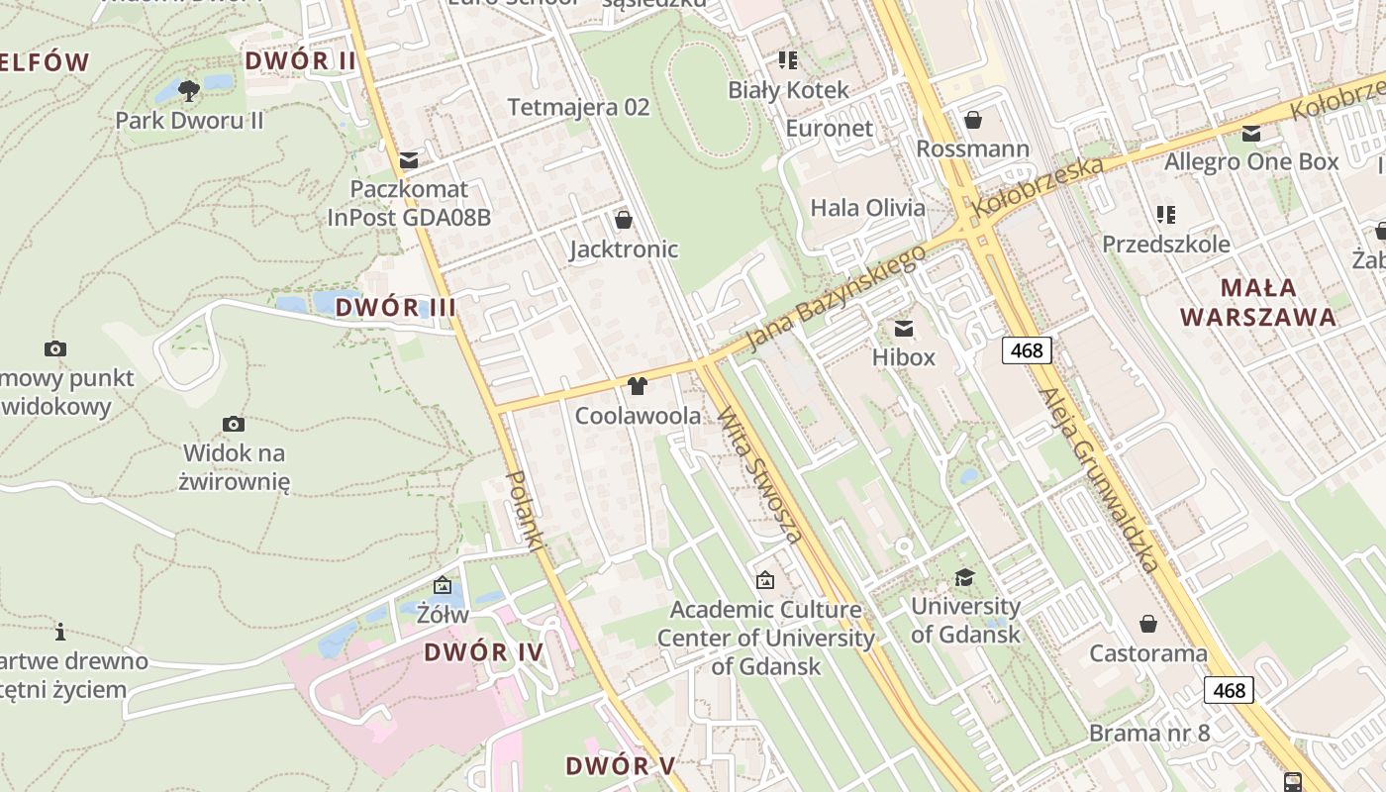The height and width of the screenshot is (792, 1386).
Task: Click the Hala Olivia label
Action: [868, 208]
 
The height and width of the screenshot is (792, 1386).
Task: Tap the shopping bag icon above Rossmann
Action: [973, 120]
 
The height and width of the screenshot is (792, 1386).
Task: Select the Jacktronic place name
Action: [624, 248]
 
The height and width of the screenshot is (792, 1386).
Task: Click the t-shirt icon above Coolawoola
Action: [637, 385]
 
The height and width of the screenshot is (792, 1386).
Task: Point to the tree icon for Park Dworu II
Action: [189, 91]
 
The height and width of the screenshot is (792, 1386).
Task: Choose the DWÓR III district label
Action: [395, 307]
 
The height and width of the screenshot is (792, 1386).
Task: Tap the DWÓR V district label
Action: [621, 765]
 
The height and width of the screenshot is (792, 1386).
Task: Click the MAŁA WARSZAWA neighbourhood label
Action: [1258, 302]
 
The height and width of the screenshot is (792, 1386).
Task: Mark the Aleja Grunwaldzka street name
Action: [1100, 480]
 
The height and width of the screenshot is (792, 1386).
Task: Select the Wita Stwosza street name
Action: [759, 474]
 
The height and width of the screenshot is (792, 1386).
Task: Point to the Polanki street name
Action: [527, 510]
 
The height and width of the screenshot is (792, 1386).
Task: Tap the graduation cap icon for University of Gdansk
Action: [964, 577]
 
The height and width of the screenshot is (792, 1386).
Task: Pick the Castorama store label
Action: [1148, 653]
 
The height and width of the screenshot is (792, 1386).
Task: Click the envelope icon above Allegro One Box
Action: [1251, 134]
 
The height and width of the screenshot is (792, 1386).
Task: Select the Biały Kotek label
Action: [788, 90]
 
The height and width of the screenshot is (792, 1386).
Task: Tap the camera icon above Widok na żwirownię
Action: [234, 424]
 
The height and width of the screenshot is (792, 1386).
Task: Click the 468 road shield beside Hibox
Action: [1027, 349]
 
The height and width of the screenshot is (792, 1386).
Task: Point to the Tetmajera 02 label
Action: [578, 107]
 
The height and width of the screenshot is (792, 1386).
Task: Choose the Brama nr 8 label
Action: [1149, 734]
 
